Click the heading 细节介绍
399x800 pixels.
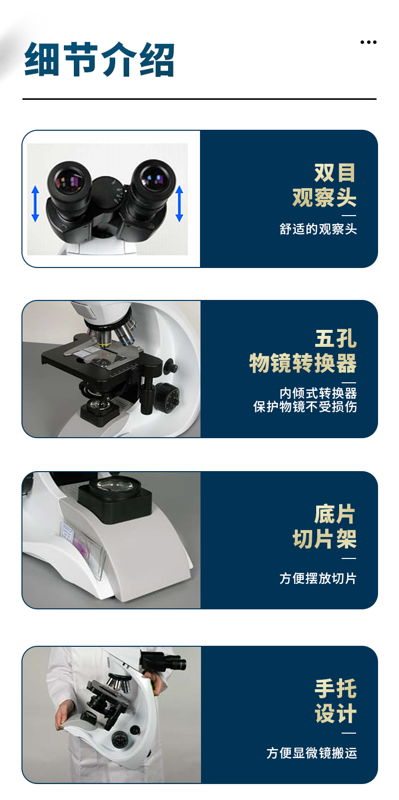[99, 59]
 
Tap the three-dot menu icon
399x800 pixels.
[368, 42]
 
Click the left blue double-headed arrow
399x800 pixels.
[35, 204]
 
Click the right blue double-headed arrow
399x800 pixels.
[179, 204]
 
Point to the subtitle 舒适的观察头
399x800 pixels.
[318, 229]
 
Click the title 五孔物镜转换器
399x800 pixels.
[303, 351]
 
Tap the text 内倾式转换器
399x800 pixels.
[318, 393]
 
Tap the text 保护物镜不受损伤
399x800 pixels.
[305, 406]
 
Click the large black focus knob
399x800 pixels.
[166, 398]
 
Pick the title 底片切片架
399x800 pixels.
[324, 526]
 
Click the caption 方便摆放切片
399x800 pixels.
[318, 578]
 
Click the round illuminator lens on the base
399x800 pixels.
[115, 485]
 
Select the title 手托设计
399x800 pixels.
[336, 701]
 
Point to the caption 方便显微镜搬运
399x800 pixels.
[312, 753]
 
